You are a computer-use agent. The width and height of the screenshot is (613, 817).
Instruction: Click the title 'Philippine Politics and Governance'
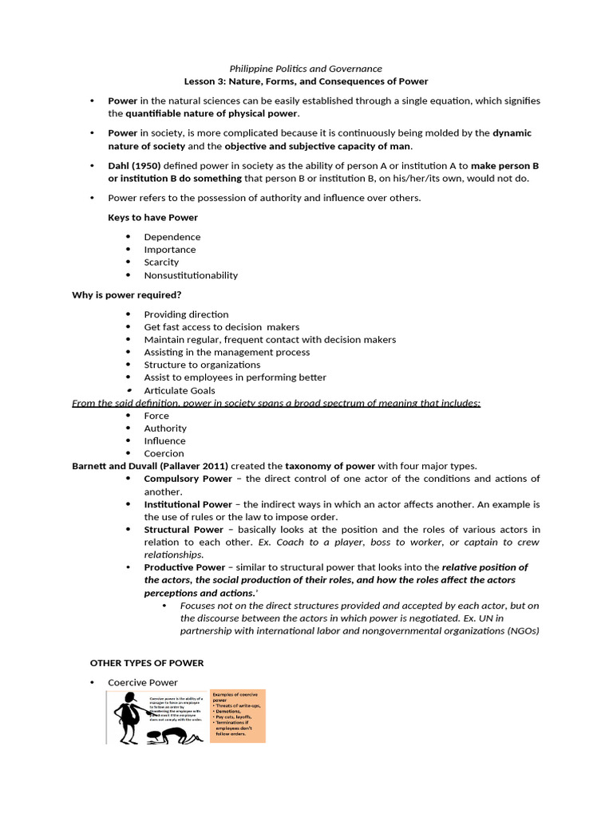(306, 69)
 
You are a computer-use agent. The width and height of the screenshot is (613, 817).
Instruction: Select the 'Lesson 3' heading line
(306, 81)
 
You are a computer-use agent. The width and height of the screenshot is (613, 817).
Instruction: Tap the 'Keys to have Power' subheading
(152, 217)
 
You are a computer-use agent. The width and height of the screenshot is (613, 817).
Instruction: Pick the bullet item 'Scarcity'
(161, 262)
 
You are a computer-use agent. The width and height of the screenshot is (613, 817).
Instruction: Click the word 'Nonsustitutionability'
(191, 275)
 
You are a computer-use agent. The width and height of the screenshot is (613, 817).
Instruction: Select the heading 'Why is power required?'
(126, 295)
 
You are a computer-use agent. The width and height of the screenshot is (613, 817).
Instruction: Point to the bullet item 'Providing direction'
(186, 314)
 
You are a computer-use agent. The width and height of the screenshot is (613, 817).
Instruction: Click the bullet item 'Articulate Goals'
(180, 390)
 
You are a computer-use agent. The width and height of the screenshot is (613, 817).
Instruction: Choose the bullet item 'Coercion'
(164, 453)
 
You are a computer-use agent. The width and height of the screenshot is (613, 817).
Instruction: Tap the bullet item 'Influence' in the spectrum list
(164, 440)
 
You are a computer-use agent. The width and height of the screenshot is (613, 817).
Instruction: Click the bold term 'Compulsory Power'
(188, 479)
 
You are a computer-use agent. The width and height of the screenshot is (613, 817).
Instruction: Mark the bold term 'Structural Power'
(184, 530)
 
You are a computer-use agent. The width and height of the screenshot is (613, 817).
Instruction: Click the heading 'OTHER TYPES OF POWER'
(146, 663)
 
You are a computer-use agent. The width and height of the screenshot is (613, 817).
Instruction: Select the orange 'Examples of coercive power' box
(237, 715)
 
